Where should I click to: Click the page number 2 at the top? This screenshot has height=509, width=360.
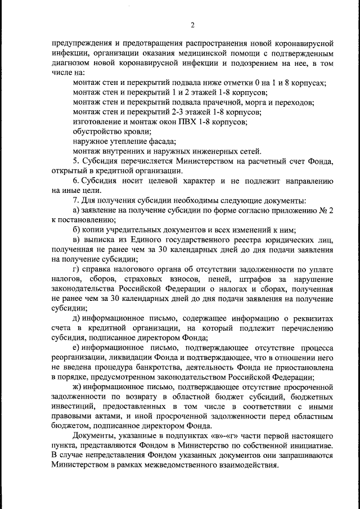coord(192,25)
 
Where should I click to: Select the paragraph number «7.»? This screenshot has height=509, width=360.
coord(77,200)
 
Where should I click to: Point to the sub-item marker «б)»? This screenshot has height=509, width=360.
coord(78,229)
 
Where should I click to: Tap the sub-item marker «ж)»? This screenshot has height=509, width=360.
coord(79,387)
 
